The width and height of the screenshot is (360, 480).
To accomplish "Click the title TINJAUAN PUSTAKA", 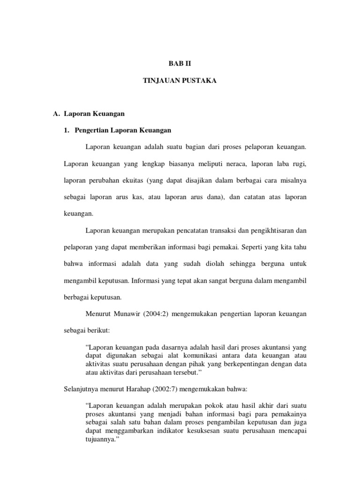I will [180, 81].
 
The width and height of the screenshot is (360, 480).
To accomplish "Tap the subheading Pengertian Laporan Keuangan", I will [123, 130].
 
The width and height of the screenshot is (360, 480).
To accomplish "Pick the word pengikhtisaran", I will [263, 230].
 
